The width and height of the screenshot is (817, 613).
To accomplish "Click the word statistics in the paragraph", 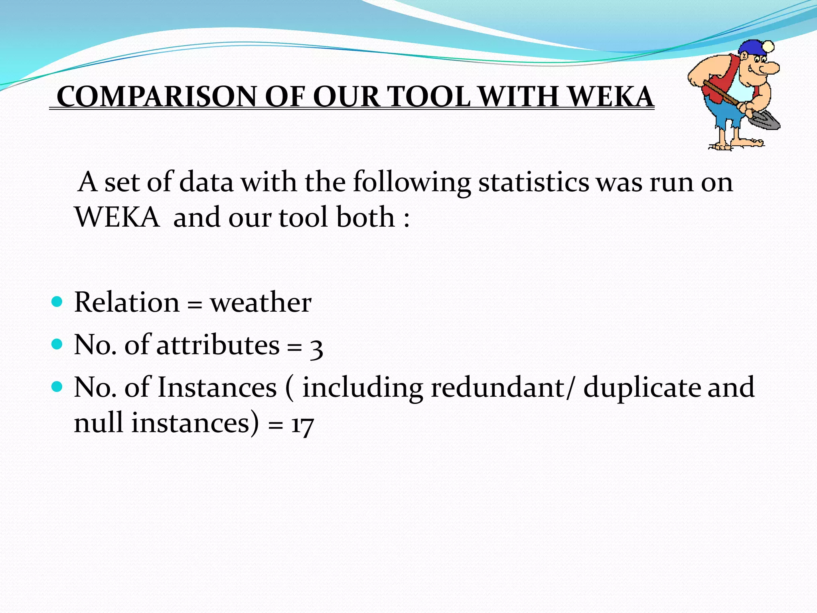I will tap(533, 182).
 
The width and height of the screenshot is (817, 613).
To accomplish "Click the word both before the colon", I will tap(365, 218).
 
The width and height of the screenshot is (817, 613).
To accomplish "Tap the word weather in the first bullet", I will tap(260, 303).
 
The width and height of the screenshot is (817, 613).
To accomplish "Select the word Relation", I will tap(127, 303).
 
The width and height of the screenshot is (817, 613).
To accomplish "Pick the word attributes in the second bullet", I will tap(218, 345).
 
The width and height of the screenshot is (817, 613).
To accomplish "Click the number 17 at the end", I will tap(302, 425).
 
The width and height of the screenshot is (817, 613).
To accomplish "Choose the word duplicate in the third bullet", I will tap(641, 388).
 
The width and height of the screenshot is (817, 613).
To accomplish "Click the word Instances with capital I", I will tap(217, 388).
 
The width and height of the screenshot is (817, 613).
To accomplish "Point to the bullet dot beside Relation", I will tap(57, 302).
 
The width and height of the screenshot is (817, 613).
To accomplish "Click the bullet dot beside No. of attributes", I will tap(57, 344).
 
